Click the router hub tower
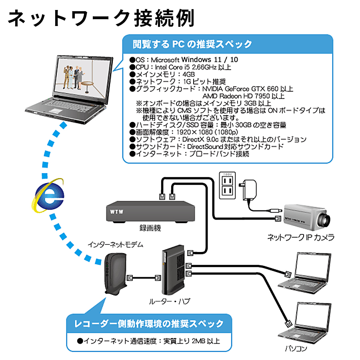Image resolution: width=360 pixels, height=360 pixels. (x=172, y=272)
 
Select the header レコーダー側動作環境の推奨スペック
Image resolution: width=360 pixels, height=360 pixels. (x=149, y=323)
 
